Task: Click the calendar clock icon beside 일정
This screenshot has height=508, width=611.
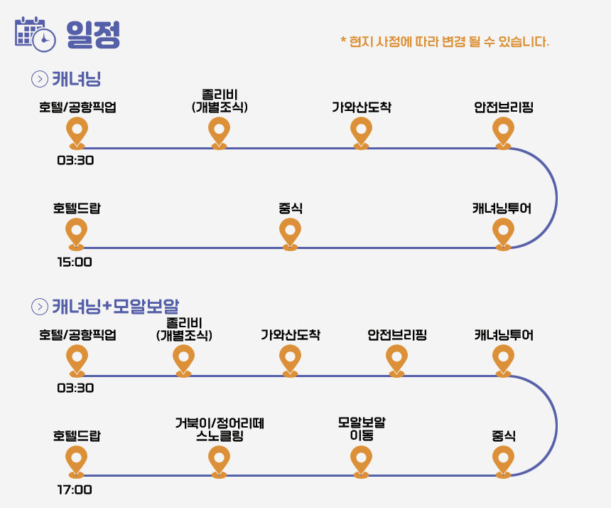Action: click(x=35, y=34)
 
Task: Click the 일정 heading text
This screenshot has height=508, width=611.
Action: click(x=93, y=35)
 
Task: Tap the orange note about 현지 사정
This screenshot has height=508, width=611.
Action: click(x=445, y=41)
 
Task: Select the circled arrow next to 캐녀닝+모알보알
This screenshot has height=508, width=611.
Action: click(x=39, y=307)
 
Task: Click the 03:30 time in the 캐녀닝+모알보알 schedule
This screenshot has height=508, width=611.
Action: click(x=75, y=388)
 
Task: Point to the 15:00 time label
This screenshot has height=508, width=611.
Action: click(x=75, y=262)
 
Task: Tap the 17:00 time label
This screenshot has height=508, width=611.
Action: click(x=75, y=490)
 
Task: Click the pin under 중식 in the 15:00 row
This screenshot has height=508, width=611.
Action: click(x=290, y=234)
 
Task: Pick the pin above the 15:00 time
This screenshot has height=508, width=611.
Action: click(x=77, y=234)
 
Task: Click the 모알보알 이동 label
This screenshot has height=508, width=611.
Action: click(x=362, y=428)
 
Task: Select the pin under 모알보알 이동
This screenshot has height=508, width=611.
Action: click(x=361, y=462)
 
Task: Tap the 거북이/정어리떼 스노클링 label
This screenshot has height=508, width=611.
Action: click(x=220, y=429)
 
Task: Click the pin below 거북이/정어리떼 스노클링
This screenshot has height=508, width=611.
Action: click(x=219, y=462)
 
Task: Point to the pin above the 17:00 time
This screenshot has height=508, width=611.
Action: click(x=77, y=462)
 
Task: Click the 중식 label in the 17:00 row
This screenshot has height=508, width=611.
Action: click(x=504, y=435)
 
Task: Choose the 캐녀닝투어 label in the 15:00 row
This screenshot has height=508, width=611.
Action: click(x=502, y=208)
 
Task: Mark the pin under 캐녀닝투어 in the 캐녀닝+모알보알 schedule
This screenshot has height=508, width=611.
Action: click(x=503, y=361)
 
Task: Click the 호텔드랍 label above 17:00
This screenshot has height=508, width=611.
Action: click(x=77, y=435)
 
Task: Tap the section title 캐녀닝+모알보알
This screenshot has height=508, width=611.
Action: click(x=115, y=306)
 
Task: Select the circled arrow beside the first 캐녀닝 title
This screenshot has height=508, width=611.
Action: click(x=39, y=79)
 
